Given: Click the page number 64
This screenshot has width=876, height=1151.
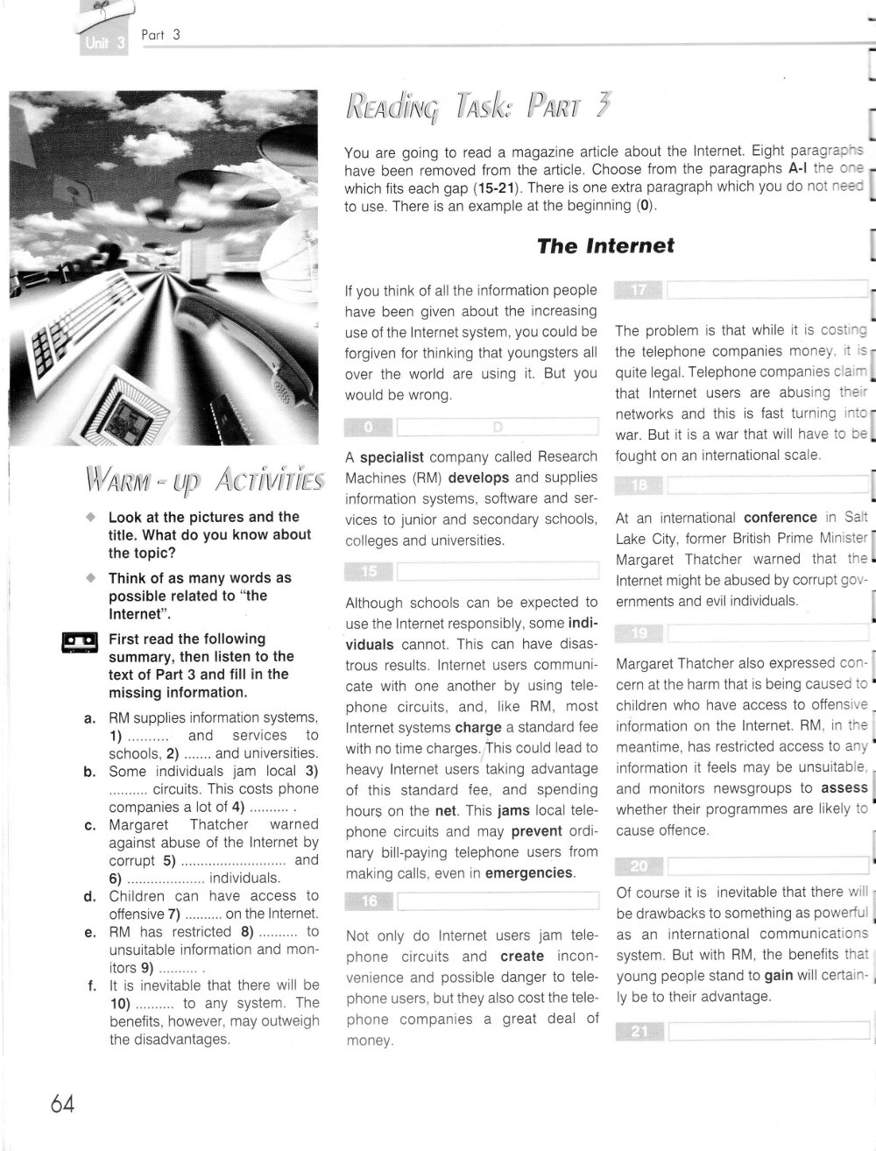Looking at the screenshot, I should click(62, 1103).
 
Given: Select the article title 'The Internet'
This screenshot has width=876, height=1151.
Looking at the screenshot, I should click(605, 246).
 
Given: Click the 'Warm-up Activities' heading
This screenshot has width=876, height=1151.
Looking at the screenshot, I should click(204, 480).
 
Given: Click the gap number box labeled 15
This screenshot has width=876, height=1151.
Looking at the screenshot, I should click(369, 571).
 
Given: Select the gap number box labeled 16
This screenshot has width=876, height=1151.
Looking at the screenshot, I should click(369, 900).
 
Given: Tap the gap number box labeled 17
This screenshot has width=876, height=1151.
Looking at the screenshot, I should click(639, 291).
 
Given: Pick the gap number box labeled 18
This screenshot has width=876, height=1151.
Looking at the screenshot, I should click(639, 486).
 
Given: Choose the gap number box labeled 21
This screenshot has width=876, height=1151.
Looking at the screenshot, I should click(639, 1031).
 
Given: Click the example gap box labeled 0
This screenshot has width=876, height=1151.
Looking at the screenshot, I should click(369, 427).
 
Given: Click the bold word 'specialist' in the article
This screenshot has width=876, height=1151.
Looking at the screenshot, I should click(392, 457).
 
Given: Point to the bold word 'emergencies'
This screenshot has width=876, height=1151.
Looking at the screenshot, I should click(529, 873).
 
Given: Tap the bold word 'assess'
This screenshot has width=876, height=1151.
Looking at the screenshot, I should click(844, 787).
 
